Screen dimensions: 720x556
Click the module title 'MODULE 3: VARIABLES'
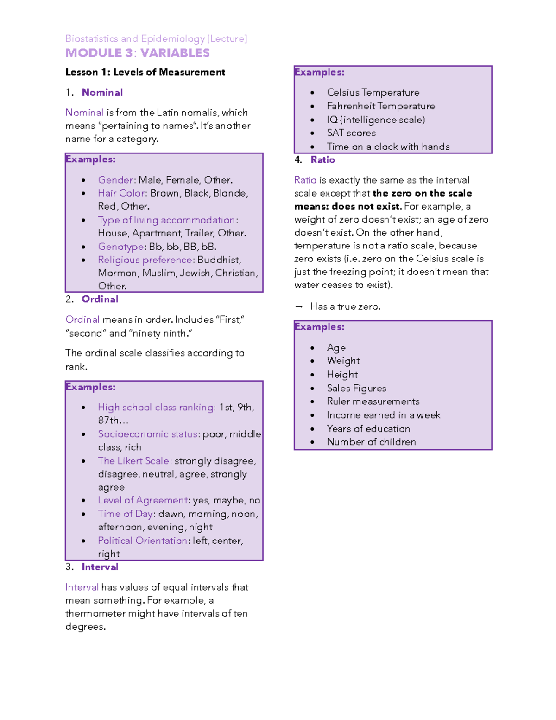click(x=137, y=53)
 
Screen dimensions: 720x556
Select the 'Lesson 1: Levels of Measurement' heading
click(x=145, y=72)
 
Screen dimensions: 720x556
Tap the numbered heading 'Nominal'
click(x=102, y=92)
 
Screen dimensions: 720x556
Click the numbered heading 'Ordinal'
click(x=100, y=299)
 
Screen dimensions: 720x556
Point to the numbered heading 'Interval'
click(x=100, y=567)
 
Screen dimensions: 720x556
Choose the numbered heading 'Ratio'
click(x=322, y=159)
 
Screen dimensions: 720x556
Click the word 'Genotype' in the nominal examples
click(x=120, y=247)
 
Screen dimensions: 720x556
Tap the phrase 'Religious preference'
click(x=145, y=260)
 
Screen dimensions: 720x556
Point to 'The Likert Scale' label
click(x=134, y=461)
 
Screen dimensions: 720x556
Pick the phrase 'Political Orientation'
click(x=142, y=541)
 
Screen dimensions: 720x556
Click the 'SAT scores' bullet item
click(x=351, y=133)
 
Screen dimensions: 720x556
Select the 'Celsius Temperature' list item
click(x=373, y=92)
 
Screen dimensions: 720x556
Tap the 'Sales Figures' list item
click(x=356, y=388)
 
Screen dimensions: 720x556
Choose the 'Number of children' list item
click(x=371, y=442)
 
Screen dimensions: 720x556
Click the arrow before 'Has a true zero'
click(x=299, y=306)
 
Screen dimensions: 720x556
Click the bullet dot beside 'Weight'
click(x=313, y=361)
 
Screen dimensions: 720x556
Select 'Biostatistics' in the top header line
click(x=92, y=38)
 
